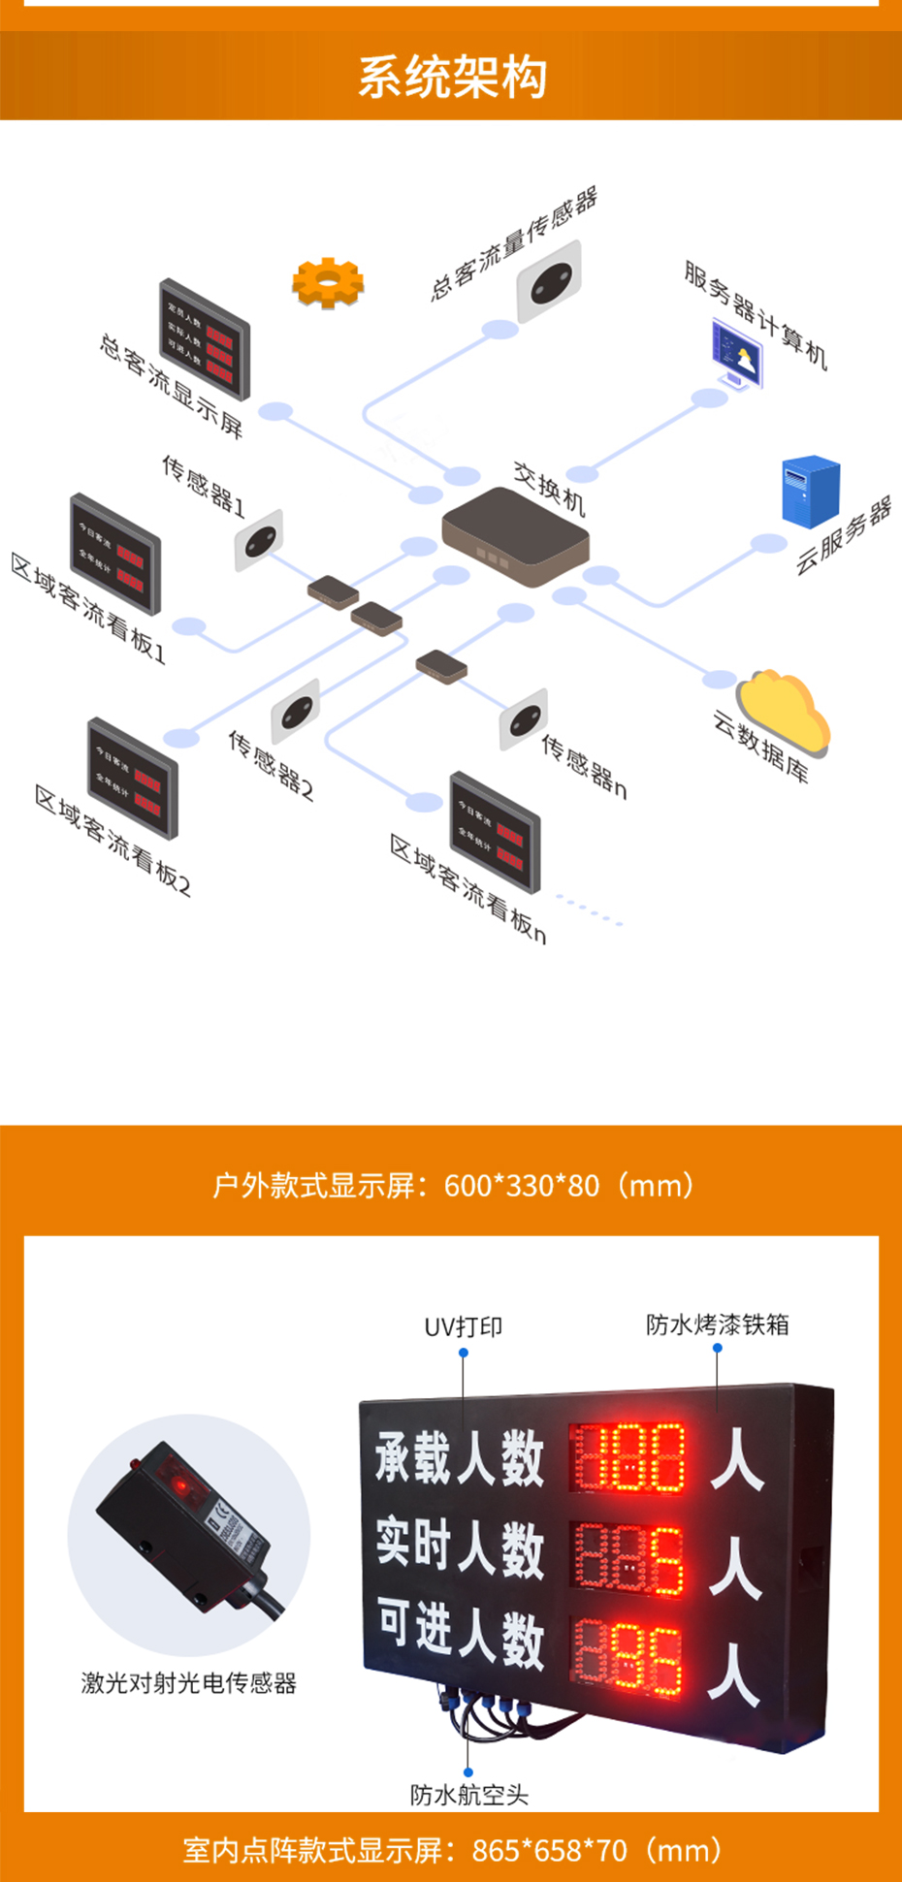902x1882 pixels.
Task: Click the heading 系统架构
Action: [452, 77]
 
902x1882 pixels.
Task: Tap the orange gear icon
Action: [328, 282]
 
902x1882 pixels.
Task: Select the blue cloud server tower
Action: [810, 492]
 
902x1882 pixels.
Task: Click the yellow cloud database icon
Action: [784, 712]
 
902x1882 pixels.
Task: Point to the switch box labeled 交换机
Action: [514, 536]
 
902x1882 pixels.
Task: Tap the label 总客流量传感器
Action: [513, 242]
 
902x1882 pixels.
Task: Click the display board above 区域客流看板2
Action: [133, 779]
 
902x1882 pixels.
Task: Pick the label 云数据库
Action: [760, 747]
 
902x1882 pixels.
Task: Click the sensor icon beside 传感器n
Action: [524, 719]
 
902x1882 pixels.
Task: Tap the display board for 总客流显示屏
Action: [205, 339]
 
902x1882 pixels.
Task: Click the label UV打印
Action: [464, 1326]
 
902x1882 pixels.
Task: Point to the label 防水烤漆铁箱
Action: [718, 1324]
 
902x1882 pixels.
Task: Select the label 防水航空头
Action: [469, 1795]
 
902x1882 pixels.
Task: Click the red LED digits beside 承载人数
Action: [628, 1456]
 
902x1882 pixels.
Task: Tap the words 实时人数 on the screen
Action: [460, 1545]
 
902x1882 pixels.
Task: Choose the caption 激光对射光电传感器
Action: [189, 1683]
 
